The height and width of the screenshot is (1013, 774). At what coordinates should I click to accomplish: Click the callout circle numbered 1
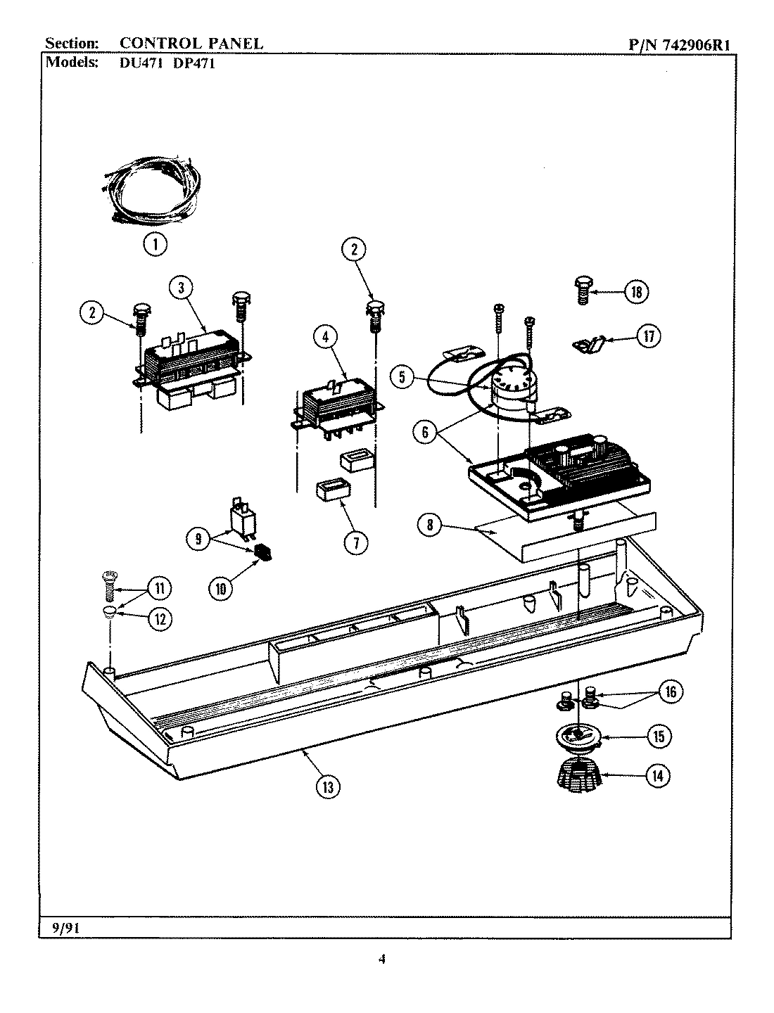tap(155, 244)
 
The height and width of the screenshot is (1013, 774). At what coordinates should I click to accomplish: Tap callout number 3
tap(182, 288)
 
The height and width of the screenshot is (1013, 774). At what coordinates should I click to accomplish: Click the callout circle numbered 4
tap(325, 338)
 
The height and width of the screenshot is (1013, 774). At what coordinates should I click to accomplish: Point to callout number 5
tap(402, 377)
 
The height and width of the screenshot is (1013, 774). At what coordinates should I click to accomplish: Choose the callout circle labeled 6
tap(425, 432)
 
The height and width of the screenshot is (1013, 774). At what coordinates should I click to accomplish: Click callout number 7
tap(356, 542)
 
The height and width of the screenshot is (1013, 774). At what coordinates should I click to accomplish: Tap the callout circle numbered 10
tap(220, 589)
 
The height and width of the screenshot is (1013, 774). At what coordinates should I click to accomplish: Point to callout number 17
tap(648, 337)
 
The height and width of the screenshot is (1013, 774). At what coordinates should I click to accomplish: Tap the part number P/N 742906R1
tap(679, 44)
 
